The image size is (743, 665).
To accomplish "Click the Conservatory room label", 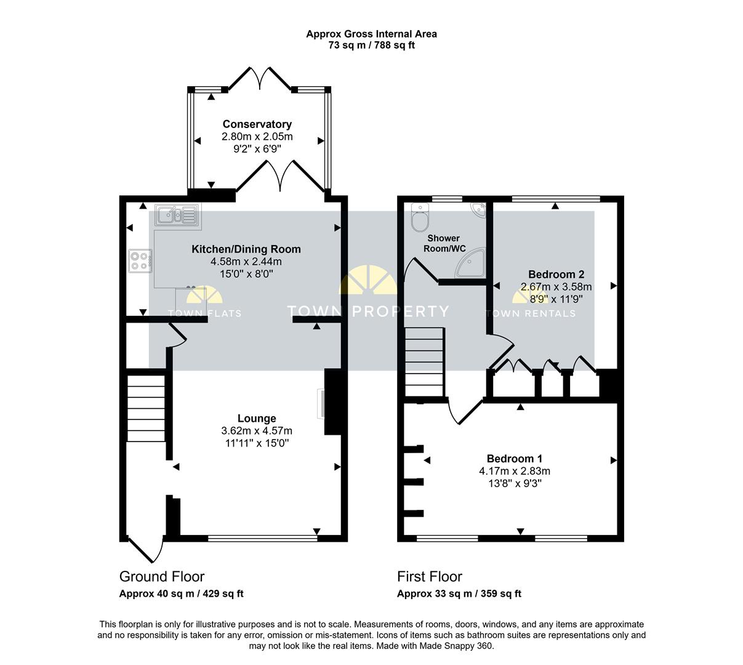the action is click(257, 124).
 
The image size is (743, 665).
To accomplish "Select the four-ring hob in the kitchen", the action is click(140, 261).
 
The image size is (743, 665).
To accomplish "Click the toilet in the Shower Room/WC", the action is click(420, 217).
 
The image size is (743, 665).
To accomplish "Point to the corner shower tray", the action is click(471, 264).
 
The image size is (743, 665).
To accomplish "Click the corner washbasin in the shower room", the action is click(478, 210).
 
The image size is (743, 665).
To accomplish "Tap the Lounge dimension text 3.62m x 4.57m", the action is click(257, 430).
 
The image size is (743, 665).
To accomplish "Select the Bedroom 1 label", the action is click(515, 459).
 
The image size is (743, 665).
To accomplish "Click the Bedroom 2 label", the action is click(556, 275).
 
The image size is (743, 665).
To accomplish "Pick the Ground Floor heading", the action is click(162, 577).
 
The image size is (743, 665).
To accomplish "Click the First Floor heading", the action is click(430, 577).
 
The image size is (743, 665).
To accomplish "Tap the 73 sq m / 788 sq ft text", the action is click(372, 46).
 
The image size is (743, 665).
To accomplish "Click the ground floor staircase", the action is click(146, 408).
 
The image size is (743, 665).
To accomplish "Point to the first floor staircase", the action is click(424, 361).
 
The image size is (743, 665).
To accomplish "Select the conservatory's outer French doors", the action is click(260, 78).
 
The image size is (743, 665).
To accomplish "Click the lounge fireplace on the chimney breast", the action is click(321, 403).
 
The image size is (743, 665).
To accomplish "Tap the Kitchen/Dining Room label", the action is click(246, 249).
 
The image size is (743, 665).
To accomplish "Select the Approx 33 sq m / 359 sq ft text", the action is click(459, 594).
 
